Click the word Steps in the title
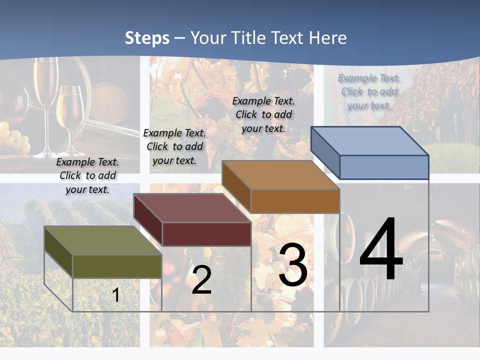(x=147, y=38)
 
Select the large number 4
(x=381, y=250)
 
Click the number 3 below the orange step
(x=293, y=265)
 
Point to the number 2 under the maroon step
(x=201, y=280)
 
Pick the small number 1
(x=116, y=295)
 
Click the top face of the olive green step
(x=102, y=240)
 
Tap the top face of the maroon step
(x=192, y=208)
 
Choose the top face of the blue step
(x=370, y=141)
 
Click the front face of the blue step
(x=384, y=167)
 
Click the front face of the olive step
(x=117, y=266)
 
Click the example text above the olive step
(x=87, y=175)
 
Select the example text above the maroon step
(x=174, y=146)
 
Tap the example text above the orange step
(x=263, y=114)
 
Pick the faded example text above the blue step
(x=369, y=91)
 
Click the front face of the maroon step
(x=206, y=234)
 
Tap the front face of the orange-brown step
(x=295, y=201)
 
